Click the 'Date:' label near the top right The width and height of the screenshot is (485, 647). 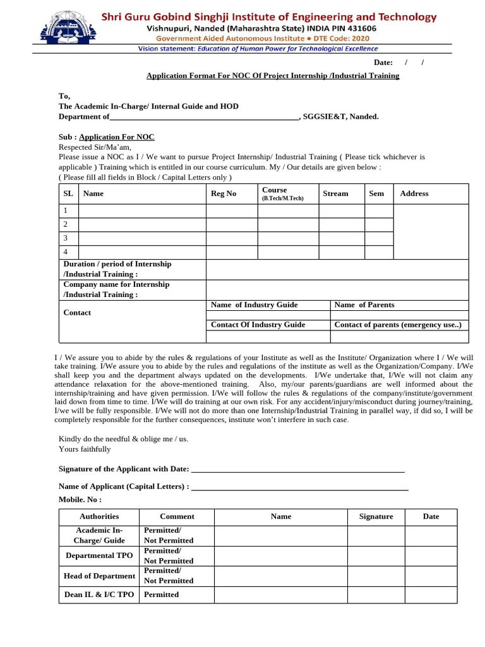point(383,62)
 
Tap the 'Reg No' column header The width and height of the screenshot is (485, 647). point(223,193)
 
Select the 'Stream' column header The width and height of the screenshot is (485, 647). point(335,193)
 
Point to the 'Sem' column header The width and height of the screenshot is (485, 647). point(376,193)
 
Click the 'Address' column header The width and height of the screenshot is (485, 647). point(414,193)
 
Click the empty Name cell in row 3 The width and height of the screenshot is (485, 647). point(142,238)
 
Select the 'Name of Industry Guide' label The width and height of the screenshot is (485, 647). point(254,305)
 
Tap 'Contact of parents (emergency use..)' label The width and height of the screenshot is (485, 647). point(398,325)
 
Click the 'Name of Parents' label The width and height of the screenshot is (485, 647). point(364,305)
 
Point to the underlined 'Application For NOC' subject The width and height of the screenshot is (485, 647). point(117,137)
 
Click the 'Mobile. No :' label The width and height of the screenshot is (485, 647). point(80,499)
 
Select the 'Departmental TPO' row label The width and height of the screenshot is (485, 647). point(99,555)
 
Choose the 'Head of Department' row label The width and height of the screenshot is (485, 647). point(99,576)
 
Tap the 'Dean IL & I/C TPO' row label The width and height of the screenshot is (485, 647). point(99,595)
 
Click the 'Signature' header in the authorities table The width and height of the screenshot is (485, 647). point(376,516)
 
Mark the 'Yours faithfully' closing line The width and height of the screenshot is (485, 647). point(85,449)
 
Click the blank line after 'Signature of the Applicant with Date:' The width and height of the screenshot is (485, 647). point(297,469)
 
